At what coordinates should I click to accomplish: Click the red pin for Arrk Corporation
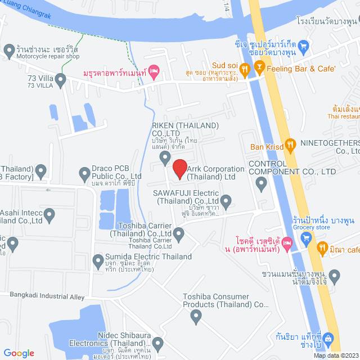coord(179,168)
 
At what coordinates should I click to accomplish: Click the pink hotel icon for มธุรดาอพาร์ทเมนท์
coord(155,71)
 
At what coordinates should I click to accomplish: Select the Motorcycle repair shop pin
coord(8,51)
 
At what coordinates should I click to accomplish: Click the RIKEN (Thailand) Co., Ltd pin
coord(165,157)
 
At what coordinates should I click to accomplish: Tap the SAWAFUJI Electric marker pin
coord(226,200)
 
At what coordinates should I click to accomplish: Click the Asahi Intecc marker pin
coord(49,214)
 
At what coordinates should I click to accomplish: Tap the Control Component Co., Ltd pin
coord(261,183)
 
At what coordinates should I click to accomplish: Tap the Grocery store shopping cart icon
coord(306,237)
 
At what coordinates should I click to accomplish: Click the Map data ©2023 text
coord(335,355)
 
